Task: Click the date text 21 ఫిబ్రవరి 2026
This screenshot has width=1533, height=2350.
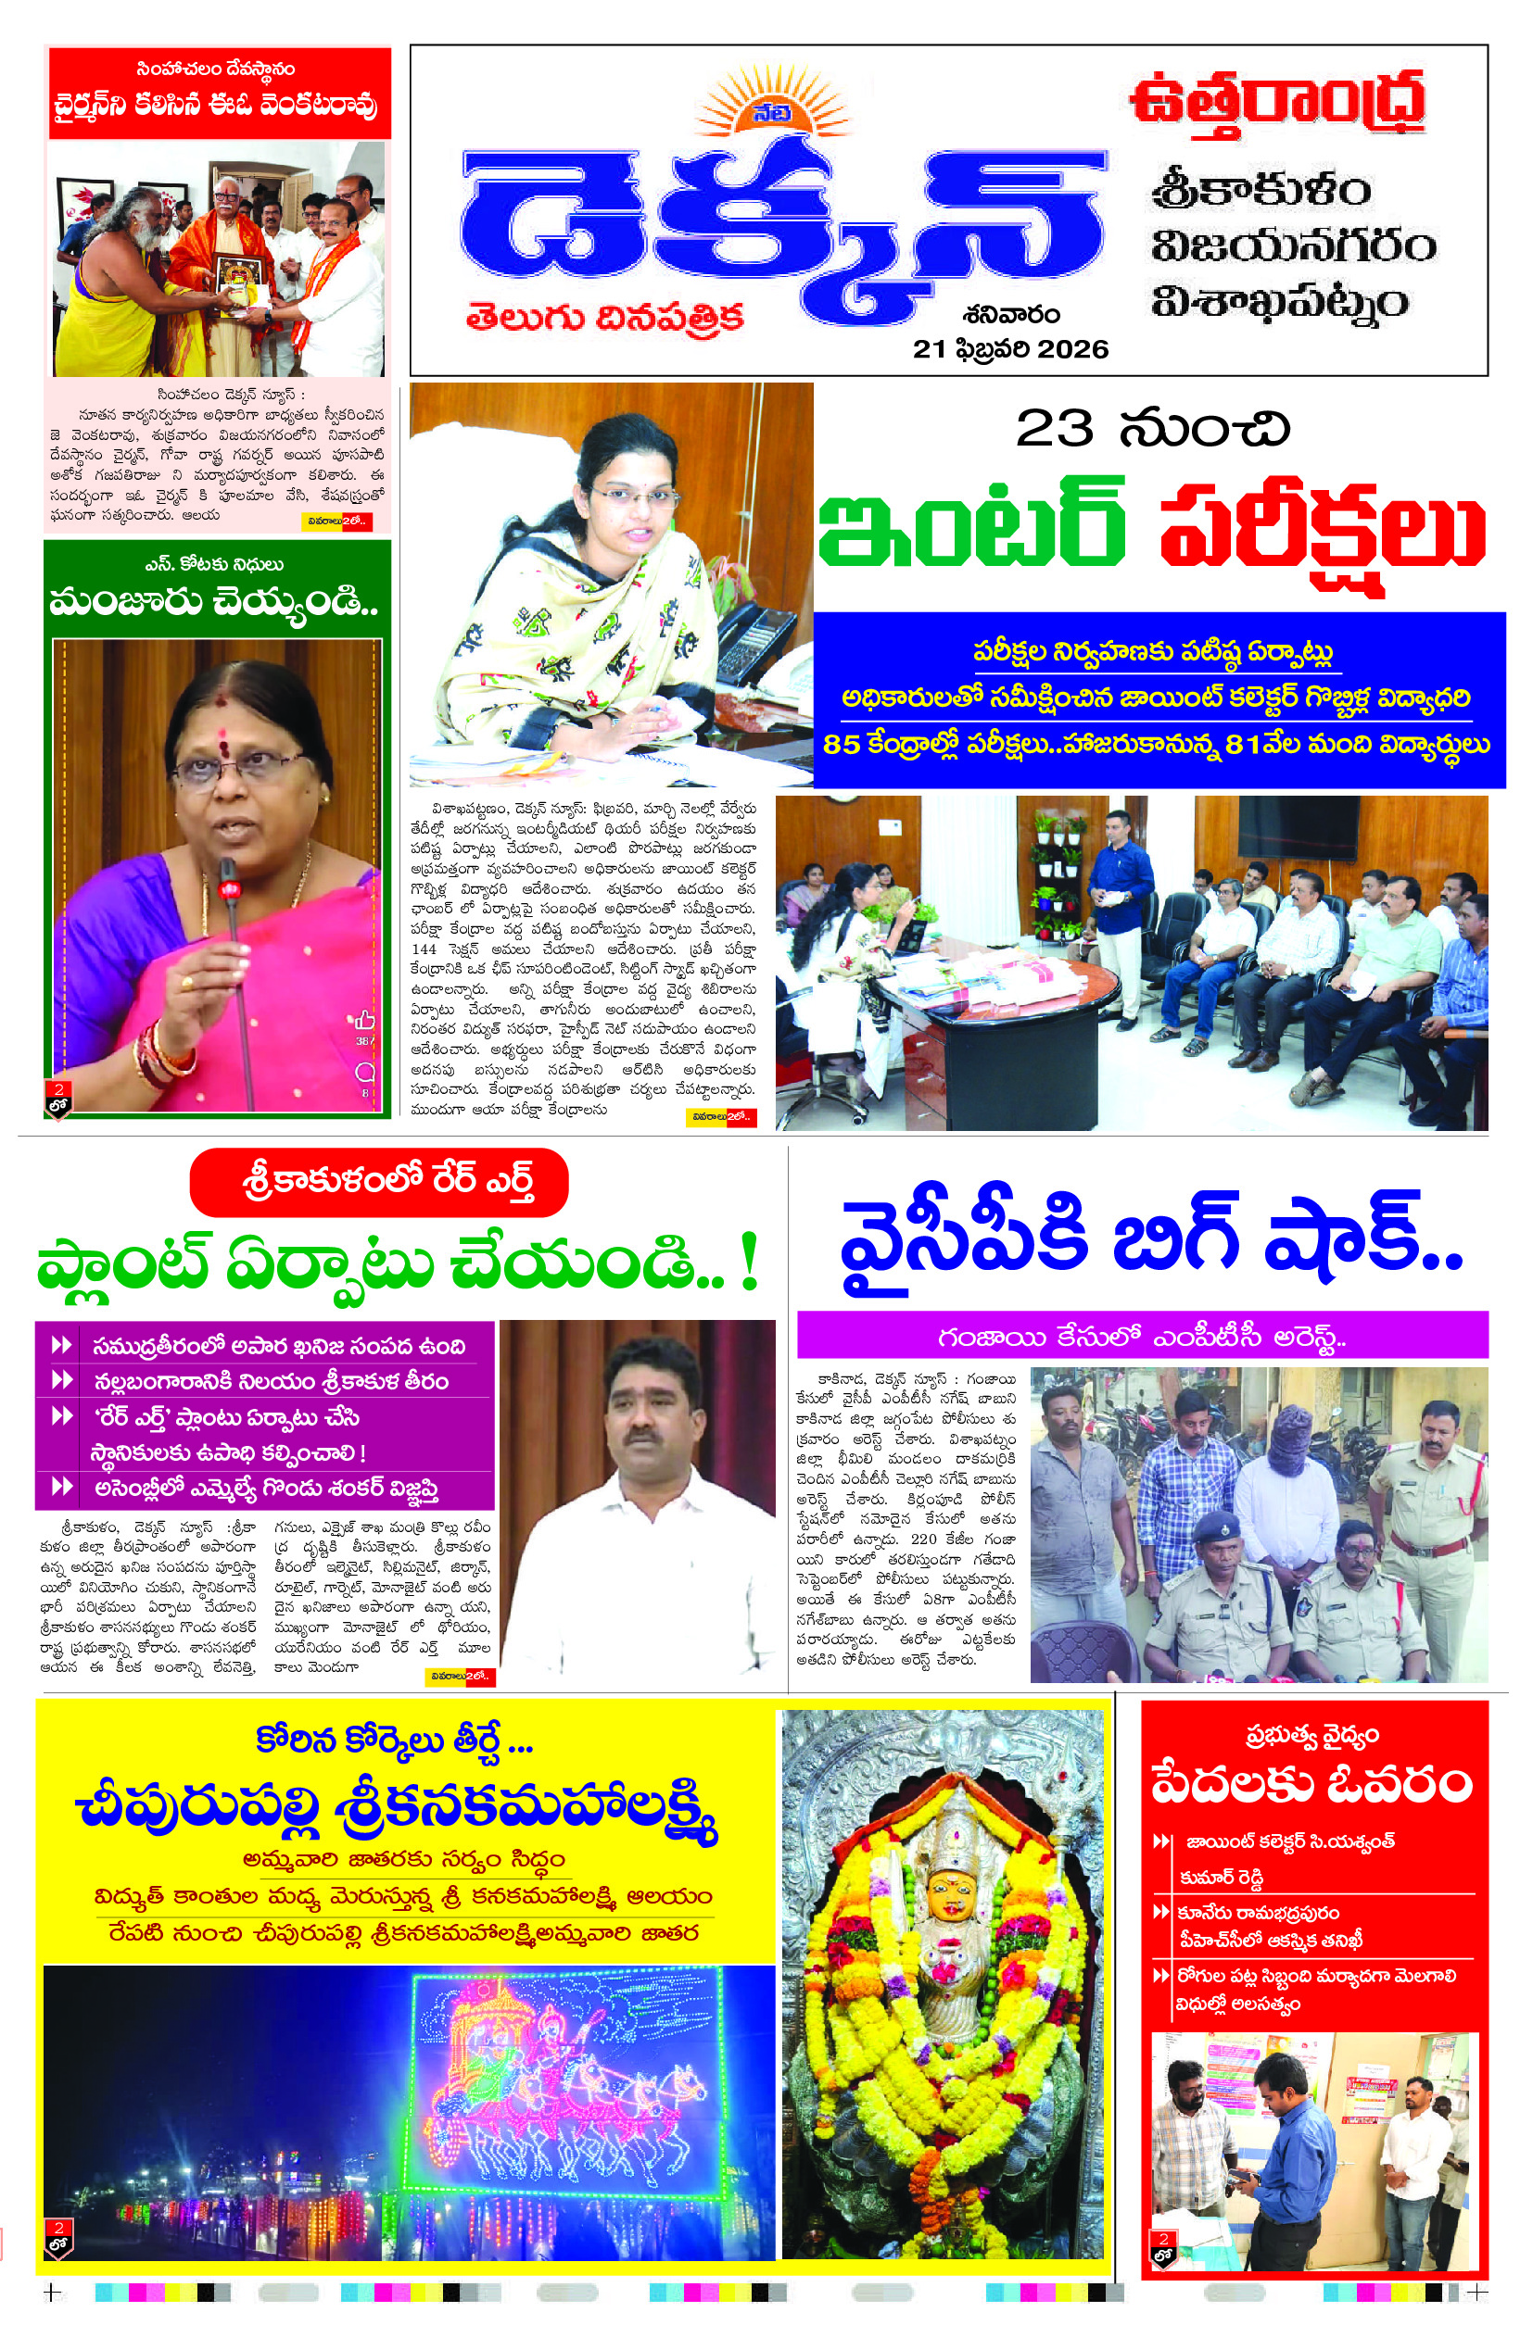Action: point(1009,349)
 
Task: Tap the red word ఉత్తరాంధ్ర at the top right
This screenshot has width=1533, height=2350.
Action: point(1277,102)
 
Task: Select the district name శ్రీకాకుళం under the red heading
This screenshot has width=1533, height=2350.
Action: point(1261,188)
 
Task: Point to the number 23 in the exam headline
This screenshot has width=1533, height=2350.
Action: point(1054,429)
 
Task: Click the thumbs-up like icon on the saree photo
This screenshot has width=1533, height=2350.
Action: point(364,1020)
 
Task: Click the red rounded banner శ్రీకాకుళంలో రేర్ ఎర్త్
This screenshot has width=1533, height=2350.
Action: point(378,1182)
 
